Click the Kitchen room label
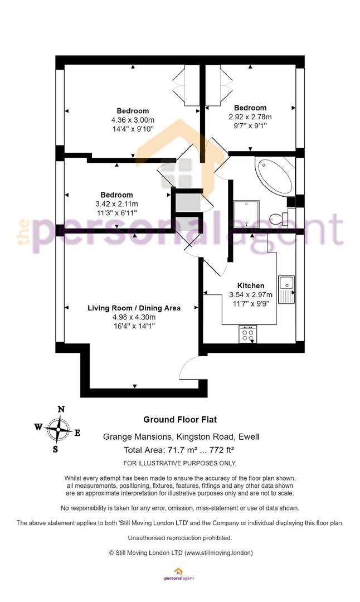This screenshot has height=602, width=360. (x=251, y=285)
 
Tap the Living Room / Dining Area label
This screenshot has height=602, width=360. (x=134, y=308)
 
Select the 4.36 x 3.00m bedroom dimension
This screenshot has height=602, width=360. (x=133, y=120)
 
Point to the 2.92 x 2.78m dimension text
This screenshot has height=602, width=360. (x=250, y=116)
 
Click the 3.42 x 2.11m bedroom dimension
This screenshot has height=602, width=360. (x=116, y=204)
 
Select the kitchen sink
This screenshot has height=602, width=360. (x=286, y=289)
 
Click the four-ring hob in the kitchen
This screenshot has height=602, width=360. (x=248, y=334)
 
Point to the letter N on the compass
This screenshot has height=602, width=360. (x=61, y=409)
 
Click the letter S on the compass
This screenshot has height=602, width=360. (x=56, y=449)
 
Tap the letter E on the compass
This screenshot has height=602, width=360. (x=77, y=433)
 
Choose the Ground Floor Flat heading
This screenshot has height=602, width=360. (x=180, y=420)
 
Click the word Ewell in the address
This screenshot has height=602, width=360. (x=249, y=436)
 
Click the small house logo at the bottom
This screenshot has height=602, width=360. (x=178, y=572)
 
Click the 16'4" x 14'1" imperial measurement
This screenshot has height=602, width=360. (x=134, y=326)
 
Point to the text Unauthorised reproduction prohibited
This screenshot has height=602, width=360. (x=180, y=537)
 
